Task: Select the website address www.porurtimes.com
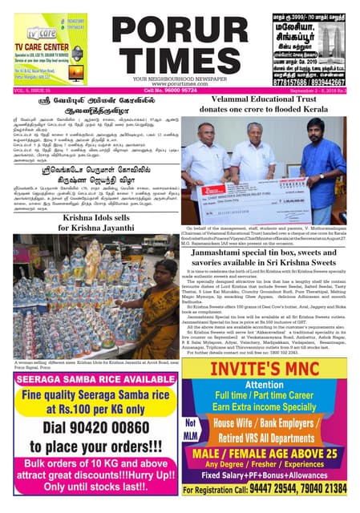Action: click(180, 83)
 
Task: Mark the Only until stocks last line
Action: click(91, 494)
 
